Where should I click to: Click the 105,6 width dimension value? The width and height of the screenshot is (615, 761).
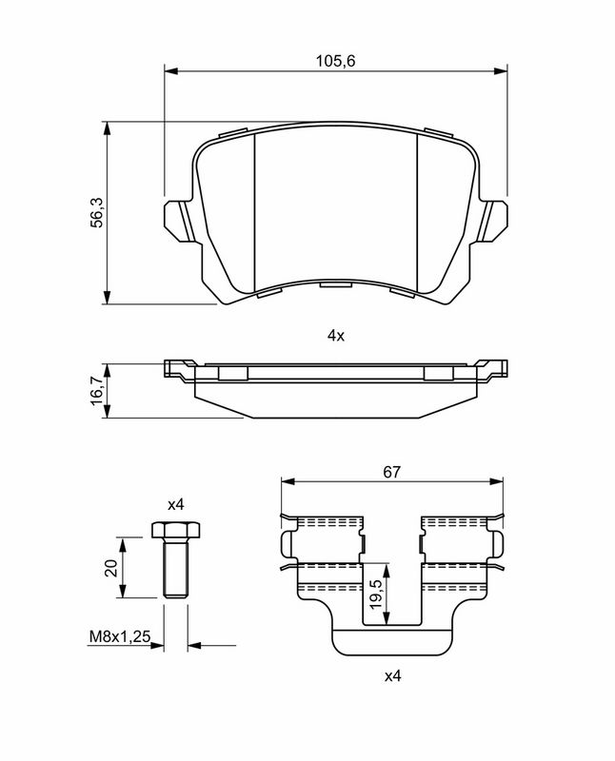pyautogui.click(x=329, y=61)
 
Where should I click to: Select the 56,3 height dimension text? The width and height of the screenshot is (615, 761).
pyautogui.click(x=95, y=212)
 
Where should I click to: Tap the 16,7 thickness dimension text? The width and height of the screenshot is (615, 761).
pyautogui.click(x=95, y=390)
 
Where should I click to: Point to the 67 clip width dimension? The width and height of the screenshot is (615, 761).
pyautogui.click(x=392, y=472)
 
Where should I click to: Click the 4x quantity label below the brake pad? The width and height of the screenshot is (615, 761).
pyautogui.click(x=335, y=335)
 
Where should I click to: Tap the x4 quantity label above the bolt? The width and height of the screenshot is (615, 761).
pyautogui.click(x=174, y=504)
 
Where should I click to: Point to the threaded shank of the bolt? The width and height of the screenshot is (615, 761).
pyautogui.click(x=174, y=569)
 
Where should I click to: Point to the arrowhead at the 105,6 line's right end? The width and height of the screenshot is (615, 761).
pyautogui.click(x=501, y=71)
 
